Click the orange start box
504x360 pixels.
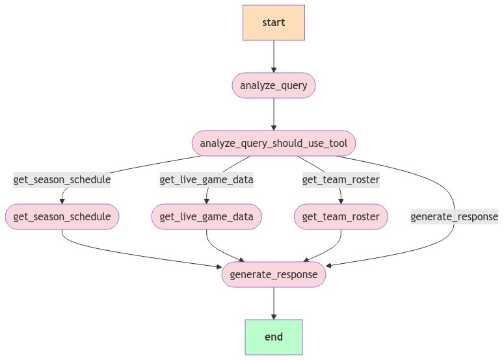coord(273,23)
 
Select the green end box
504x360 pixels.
coord(273,337)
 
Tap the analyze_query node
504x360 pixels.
coord(273,85)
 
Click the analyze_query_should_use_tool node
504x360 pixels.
coord(273,143)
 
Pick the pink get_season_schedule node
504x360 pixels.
coord(62,216)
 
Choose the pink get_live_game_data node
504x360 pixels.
coord(207,216)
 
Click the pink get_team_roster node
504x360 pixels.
coord(341,216)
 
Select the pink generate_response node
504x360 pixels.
coord(273,274)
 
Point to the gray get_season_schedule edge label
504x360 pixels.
coord(62,180)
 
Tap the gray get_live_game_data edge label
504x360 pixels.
coord(207,180)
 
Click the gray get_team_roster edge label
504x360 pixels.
coord(341,180)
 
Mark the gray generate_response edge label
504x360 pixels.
coord(454,216)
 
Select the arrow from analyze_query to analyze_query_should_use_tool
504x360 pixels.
coord(273,114)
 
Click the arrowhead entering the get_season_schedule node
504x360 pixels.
coord(62,201)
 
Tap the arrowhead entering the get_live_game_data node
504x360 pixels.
coord(207,201)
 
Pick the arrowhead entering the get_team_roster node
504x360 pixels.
coord(341,201)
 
